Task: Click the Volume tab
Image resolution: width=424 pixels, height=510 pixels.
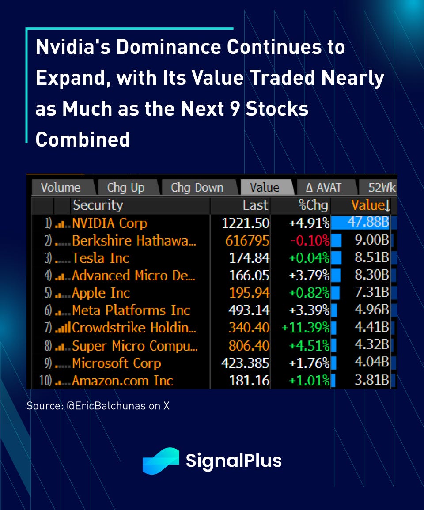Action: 61,188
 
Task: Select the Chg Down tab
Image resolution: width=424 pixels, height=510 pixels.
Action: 197,188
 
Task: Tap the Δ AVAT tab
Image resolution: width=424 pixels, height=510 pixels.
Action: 324,188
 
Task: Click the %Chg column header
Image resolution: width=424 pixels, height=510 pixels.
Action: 313,205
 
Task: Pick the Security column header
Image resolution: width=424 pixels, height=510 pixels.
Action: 98,205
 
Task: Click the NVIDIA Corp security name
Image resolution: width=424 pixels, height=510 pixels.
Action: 109,223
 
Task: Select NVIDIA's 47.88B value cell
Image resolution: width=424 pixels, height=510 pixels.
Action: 368,222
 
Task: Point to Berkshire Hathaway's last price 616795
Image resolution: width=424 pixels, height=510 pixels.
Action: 247,241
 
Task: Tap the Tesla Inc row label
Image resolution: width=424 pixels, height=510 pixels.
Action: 101,258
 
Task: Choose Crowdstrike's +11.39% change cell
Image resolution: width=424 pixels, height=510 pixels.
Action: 306,328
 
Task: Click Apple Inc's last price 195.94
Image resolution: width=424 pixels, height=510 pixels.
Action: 249,293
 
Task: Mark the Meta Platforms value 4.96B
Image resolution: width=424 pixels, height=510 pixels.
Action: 371,310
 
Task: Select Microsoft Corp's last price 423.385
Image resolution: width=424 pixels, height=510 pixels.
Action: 245,363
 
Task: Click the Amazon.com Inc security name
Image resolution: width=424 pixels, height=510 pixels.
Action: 122,381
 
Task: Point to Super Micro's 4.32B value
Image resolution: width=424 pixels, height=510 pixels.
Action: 371,345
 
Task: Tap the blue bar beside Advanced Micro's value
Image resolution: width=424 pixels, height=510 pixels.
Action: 336,276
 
